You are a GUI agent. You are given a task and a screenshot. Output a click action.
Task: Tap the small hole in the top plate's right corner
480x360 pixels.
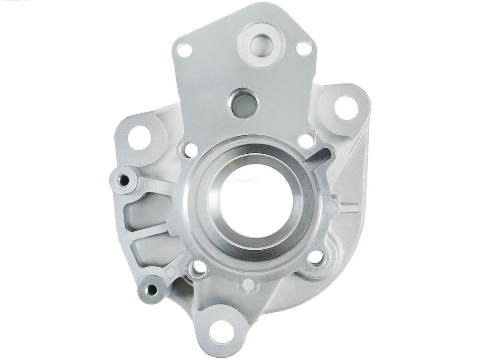pos(304,48)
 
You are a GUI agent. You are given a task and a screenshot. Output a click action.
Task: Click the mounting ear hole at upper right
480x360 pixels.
pos(346,107)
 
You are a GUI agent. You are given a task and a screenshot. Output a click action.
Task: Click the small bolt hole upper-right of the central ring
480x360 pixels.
pos(306,141)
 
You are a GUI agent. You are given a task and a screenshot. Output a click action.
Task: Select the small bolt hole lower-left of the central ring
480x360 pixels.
pos(198,268)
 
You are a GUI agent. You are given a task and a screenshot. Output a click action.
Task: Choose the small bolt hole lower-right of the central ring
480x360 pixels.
pos(315,257)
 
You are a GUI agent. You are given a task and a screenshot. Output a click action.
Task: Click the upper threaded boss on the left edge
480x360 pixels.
pos(123,180)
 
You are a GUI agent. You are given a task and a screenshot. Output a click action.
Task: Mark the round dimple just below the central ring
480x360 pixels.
pos(249,283)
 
